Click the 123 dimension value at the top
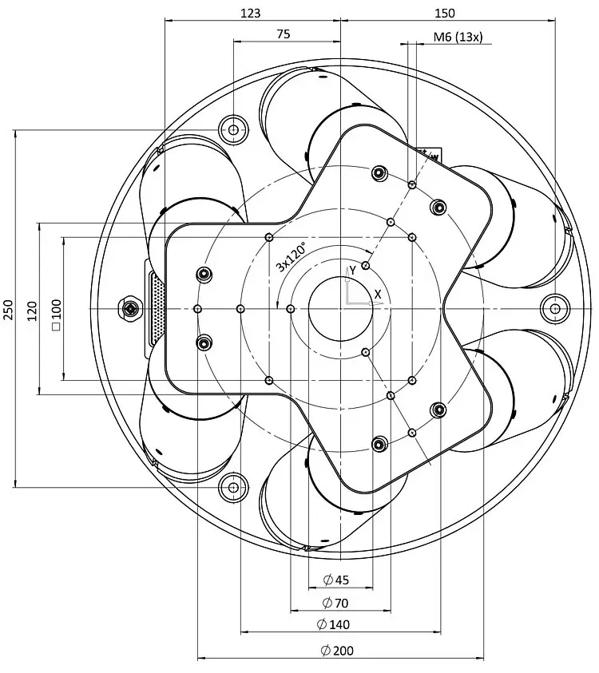tap(250, 14)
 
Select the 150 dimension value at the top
tap(444, 14)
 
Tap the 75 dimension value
tap(284, 34)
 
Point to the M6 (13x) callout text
tap(458, 37)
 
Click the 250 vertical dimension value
tap(9, 309)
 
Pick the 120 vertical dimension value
tap(33, 311)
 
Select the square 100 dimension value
tap(57, 315)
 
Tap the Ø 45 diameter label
tap(336, 580)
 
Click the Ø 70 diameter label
tap(335, 603)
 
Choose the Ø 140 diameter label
tap(333, 624)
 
